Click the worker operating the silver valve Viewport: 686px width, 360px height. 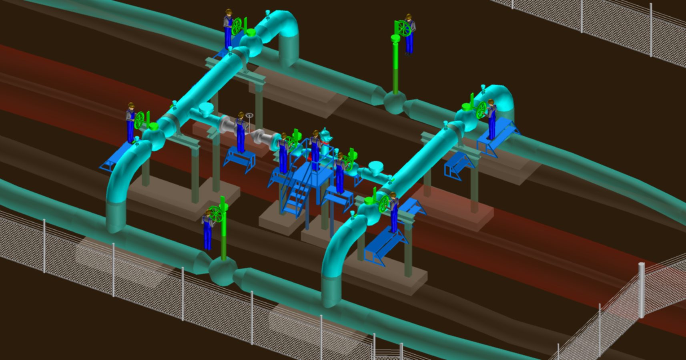(x=240, y=132)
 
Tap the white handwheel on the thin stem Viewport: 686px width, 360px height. (x=250, y=116)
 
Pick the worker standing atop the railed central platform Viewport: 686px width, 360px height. (x=315, y=150)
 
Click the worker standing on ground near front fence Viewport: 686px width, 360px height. (x=207, y=230)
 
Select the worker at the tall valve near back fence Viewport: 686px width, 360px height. (x=409, y=34)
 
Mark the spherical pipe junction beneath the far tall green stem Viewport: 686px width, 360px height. (x=395, y=102)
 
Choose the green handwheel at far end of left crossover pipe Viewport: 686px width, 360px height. (x=237, y=26)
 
